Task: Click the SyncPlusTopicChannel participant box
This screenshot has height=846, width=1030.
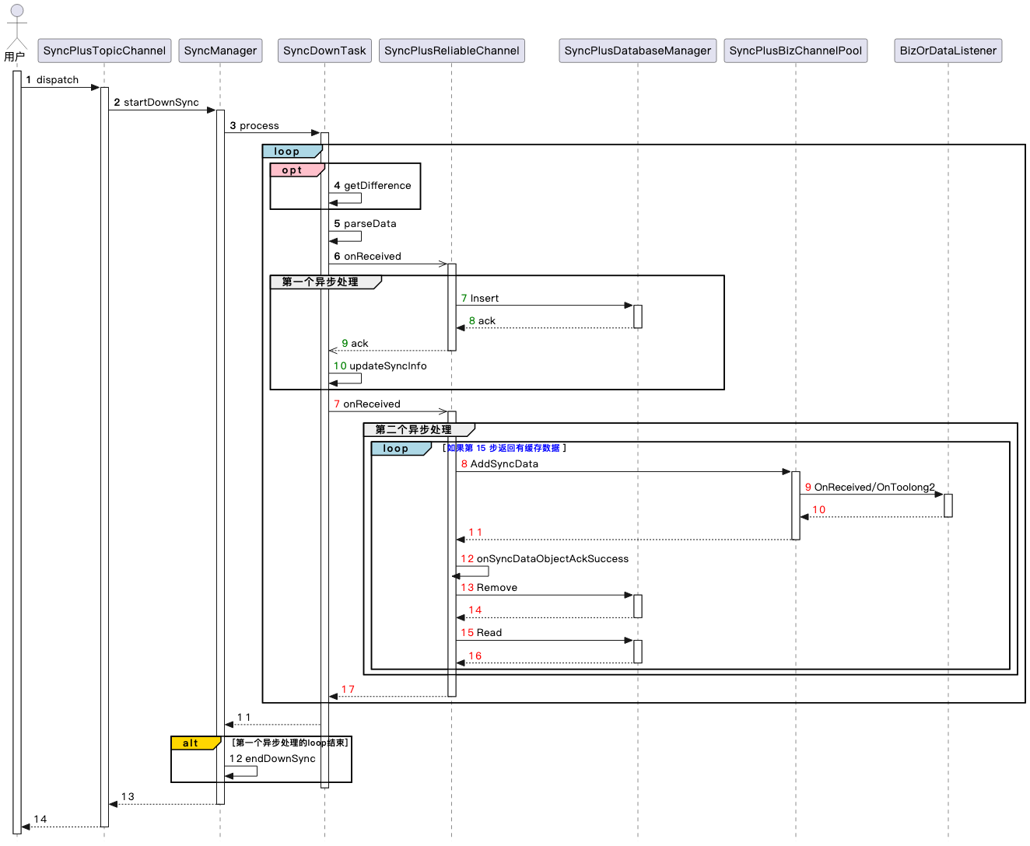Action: click(x=104, y=51)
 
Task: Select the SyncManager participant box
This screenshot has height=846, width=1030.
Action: click(x=220, y=51)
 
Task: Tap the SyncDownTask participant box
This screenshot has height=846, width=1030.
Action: click(x=324, y=51)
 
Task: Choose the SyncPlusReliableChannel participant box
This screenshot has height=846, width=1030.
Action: click(x=451, y=51)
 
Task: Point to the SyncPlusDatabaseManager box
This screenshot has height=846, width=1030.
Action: click(x=637, y=51)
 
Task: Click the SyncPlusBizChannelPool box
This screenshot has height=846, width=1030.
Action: click(x=795, y=51)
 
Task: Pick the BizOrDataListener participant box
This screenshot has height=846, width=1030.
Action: click(x=948, y=51)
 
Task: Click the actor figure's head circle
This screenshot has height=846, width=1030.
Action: click(x=17, y=11)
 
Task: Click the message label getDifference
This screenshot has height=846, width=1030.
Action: click(x=377, y=186)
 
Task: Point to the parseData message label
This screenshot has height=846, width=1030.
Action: click(x=370, y=224)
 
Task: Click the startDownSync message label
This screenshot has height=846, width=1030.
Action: click(x=161, y=103)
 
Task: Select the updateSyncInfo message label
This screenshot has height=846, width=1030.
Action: click(x=387, y=365)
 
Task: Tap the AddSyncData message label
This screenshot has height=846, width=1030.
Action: click(x=504, y=463)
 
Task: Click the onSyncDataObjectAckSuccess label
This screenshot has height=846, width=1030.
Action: click(x=552, y=558)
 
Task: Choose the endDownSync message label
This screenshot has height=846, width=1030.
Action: click(x=280, y=758)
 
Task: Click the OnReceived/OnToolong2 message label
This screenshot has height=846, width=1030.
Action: click(x=874, y=487)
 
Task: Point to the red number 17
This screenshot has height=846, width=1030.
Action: click(x=348, y=689)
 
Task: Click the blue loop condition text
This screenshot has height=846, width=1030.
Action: click(x=503, y=448)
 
